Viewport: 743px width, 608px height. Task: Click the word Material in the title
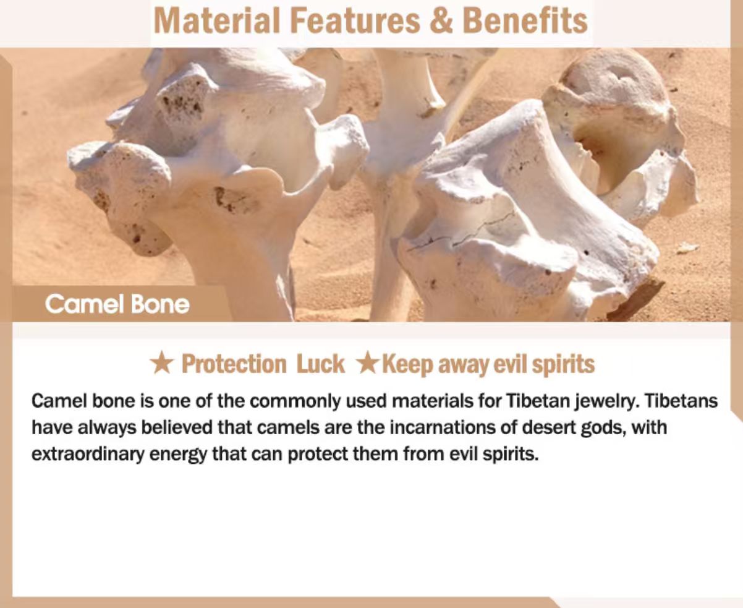click(x=217, y=21)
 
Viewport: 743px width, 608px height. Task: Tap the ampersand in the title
click(x=441, y=21)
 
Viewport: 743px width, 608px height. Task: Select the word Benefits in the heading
click(x=525, y=21)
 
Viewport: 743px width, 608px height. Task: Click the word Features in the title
click(x=355, y=21)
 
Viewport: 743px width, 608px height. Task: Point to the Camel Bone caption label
click(x=117, y=304)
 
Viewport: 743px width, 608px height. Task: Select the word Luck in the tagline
click(x=320, y=364)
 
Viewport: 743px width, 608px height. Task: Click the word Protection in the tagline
click(x=234, y=364)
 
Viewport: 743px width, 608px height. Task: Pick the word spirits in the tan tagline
click(x=563, y=365)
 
